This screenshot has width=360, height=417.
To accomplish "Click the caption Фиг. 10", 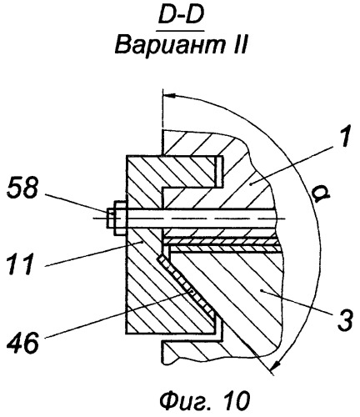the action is click(205, 400).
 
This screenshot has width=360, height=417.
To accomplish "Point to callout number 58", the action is click(22, 188).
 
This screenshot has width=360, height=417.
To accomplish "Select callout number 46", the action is click(22, 343).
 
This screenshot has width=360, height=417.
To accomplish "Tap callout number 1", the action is click(344, 136).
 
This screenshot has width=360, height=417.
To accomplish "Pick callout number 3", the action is click(345, 319).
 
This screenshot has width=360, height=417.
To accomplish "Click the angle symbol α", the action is click(320, 194).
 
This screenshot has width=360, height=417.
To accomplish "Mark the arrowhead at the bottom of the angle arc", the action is click(277, 364).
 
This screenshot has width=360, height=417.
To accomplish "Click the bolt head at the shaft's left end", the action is click(116, 219).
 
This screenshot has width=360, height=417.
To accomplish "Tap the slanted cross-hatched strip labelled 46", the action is click(187, 287).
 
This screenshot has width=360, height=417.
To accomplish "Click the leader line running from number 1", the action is click(294, 164).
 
